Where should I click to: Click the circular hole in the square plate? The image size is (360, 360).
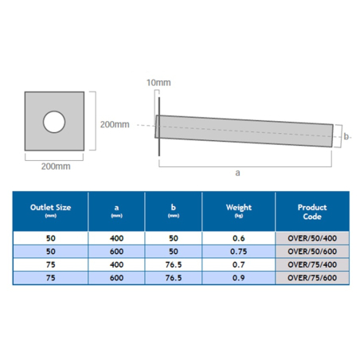pyautogui.click(x=53, y=121)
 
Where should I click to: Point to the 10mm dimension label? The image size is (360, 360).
pyautogui.click(x=159, y=83)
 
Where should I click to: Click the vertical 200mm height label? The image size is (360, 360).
pyautogui.click(x=114, y=123)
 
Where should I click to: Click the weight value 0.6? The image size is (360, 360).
pyautogui.click(x=238, y=238)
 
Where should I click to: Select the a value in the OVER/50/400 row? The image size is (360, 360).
pyautogui.click(x=117, y=238)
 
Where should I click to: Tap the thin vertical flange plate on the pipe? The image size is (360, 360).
pyautogui.click(x=160, y=124)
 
